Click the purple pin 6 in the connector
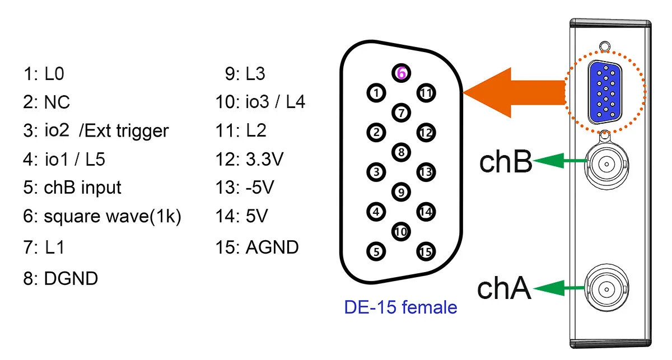[x=401, y=73]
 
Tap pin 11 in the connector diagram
[x=426, y=93]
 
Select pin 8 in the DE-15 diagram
[x=401, y=151]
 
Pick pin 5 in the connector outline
[x=376, y=252]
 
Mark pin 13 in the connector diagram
[x=426, y=172]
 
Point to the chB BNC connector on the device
[x=606, y=163]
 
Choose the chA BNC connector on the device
[x=606, y=288]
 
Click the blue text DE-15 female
[x=400, y=307]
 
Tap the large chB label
[x=506, y=162]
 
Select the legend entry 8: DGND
[x=60, y=278]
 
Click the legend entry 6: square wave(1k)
[x=102, y=217]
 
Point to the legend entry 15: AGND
[x=257, y=247]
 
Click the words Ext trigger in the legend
[x=124, y=131]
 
